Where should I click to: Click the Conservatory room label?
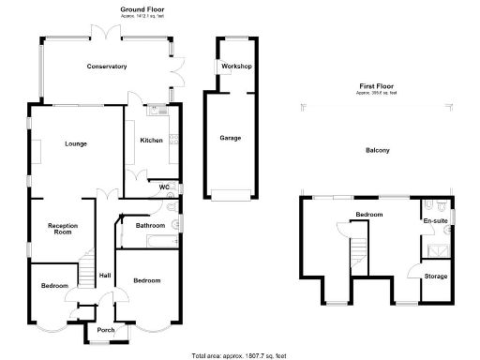[x=106, y=67]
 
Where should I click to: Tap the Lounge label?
[x=76, y=143]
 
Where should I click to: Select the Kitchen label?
[x=152, y=141]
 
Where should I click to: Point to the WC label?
[x=164, y=187]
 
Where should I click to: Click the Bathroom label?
[x=150, y=226]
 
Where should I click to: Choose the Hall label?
[x=105, y=275]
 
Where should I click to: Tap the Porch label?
[x=105, y=329]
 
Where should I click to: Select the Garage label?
[x=231, y=138]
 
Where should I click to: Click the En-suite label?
[x=435, y=220]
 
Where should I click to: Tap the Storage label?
[x=435, y=277]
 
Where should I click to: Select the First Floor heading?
[x=376, y=85]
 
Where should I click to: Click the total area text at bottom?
[x=239, y=355]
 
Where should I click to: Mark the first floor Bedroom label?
[x=368, y=215]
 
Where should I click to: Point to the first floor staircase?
[x=355, y=253]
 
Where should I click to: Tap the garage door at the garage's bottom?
[x=231, y=195]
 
